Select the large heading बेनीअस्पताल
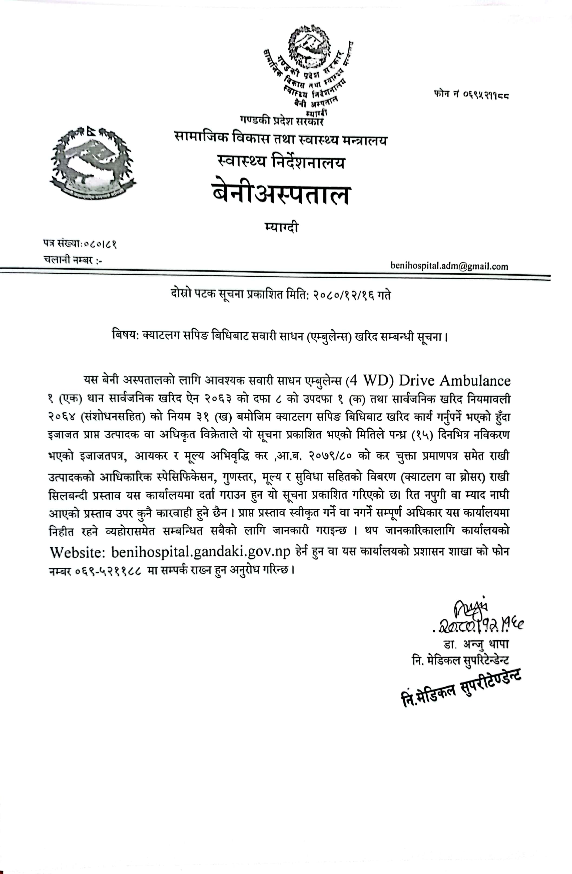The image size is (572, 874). coord(281,195)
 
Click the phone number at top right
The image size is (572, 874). coord(471,95)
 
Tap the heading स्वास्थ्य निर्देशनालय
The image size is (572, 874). coord(281,162)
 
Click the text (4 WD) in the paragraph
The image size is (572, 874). coord(370,380)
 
